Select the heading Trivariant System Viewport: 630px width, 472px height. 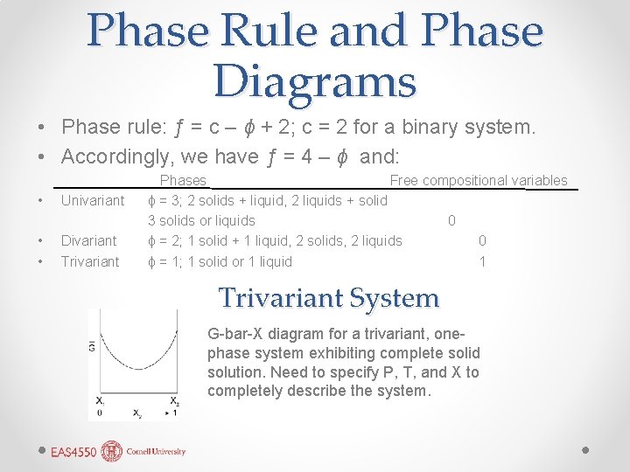[329, 298]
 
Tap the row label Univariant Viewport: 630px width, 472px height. [93, 200]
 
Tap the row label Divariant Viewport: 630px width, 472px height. [88, 240]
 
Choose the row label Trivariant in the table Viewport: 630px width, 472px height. [90, 261]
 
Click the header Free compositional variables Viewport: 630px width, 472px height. [479, 180]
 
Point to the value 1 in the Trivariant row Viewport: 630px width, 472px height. [482, 261]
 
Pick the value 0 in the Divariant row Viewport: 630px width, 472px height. [482, 240]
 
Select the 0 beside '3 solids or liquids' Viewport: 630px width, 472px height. [451, 220]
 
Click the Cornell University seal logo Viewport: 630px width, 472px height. [112, 451]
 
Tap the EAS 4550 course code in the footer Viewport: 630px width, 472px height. [73, 452]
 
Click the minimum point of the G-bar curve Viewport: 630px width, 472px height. [136, 369]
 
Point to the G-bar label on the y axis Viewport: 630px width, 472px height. [92, 347]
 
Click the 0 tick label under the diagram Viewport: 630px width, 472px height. [99, 412]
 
